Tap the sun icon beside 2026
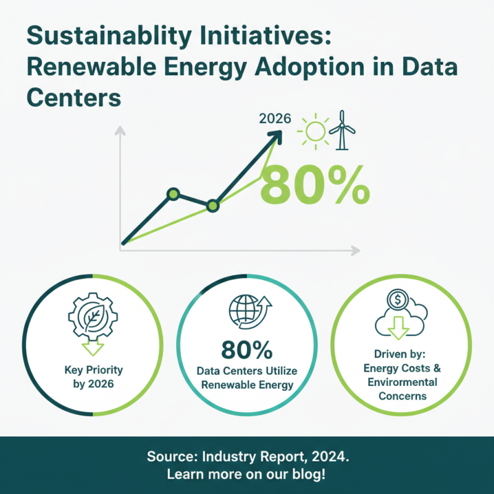click(314, 130)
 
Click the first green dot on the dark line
click(174, 195)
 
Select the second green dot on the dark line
click(213, 206)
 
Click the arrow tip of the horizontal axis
click(356, 250)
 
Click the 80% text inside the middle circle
click(246, 351)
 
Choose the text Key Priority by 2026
click(93, 377)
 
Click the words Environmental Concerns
click(401, 389)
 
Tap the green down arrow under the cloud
click(398, 327)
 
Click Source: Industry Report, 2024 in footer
click(246, 458)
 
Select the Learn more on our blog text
click(246, 475)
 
